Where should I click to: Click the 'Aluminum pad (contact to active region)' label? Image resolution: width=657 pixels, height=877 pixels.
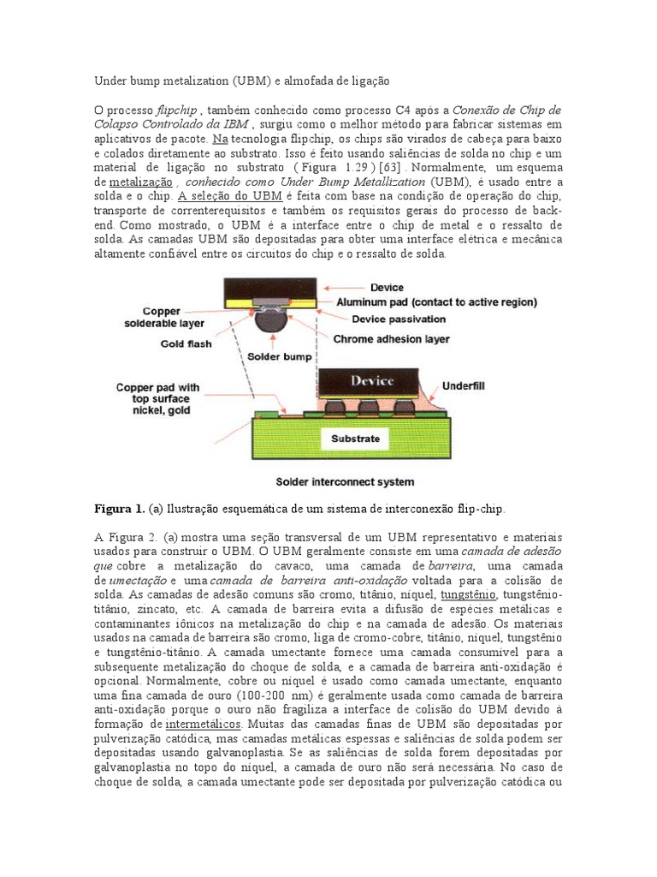[x=436, y=302]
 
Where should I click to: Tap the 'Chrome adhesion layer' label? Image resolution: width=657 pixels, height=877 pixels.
[x=391, y=338]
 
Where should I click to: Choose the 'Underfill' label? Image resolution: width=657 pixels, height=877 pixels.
[x=463, y=386]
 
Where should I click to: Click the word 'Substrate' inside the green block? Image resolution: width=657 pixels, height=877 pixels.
[x=355, y=438]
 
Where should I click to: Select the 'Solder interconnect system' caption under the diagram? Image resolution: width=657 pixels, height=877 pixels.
[x=346, y=481]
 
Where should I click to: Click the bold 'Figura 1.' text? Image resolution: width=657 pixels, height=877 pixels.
[x=119, y=508]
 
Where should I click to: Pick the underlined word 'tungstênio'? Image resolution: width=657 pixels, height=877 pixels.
[x=467, y=594]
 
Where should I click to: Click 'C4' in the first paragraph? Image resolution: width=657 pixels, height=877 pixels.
[x=405, y=110]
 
